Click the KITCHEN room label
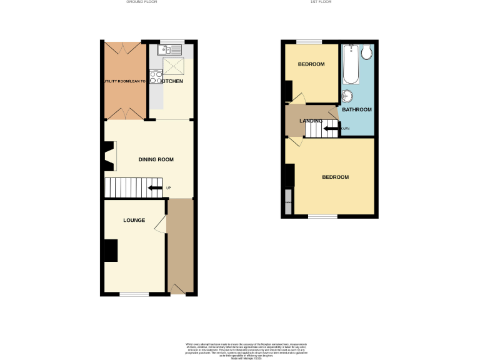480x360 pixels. [x=172, y=82]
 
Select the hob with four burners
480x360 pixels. [x=154, y=79]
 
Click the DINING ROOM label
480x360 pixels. [x=156, y=159]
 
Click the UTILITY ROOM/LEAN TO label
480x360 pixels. [x=124, y=81]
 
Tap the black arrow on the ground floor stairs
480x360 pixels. [x=154, y=187]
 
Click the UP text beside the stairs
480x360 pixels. [x=168, y=188]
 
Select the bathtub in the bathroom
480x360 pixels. [x=351, y=65]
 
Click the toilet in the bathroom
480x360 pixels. [x=366, y=52]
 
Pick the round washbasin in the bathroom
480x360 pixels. [x=347, y=96]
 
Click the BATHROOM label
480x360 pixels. [x=356, y=110]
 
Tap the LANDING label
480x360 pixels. [x=311, y=121]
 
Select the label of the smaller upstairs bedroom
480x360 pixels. [x=311, y=65]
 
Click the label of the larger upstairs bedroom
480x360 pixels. [x=335, y=177]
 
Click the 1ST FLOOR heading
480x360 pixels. [x=320, y=2]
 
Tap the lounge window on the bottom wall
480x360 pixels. [x=134, y=294]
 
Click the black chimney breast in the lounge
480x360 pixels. [x=110, y=251]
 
